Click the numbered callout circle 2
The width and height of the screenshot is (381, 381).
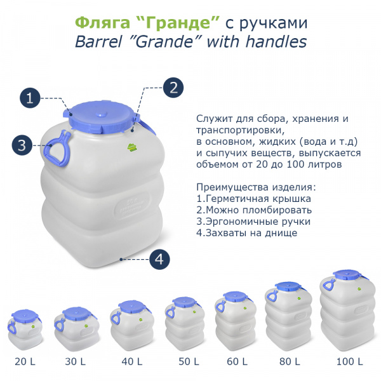(x=173, y=87)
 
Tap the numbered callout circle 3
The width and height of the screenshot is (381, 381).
(x=22, y=145)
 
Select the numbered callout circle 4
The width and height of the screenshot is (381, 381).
(x=160, y=258)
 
